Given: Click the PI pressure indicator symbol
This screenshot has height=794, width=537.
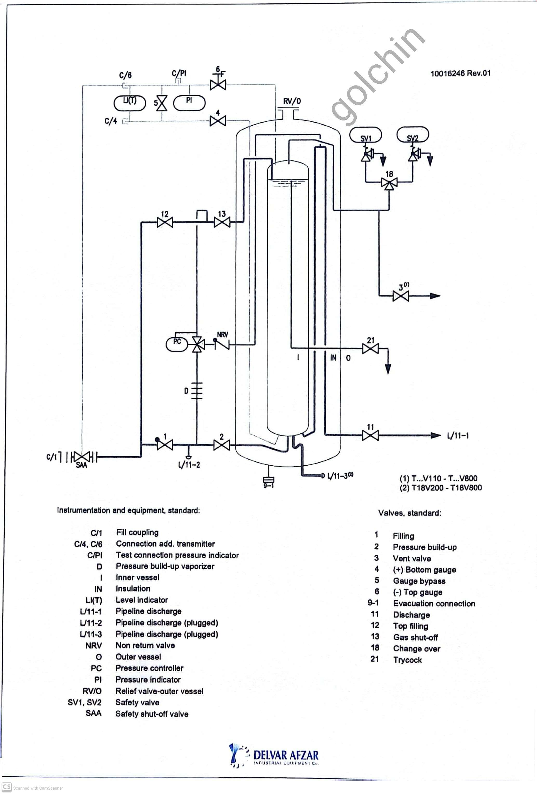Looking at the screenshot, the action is (189, 103).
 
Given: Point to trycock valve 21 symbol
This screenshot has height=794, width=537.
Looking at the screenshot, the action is (370, 349).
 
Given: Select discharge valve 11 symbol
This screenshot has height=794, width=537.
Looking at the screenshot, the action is (370, 435).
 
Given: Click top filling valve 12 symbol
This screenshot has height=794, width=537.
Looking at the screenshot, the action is (165, 223).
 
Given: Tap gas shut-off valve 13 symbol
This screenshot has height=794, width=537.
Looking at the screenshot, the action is (222, 223).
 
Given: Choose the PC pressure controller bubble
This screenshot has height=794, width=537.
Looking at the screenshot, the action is (177, 344).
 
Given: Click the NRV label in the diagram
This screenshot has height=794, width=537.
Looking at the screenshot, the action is (223, 335).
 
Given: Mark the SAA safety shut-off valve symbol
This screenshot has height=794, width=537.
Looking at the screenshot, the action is (81, 457).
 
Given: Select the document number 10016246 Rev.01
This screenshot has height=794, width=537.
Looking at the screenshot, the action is (460, 73).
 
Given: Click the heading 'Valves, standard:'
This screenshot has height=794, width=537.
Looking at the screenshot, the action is (409, 513).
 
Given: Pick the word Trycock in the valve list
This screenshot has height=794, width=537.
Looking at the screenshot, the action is (407, 660).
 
